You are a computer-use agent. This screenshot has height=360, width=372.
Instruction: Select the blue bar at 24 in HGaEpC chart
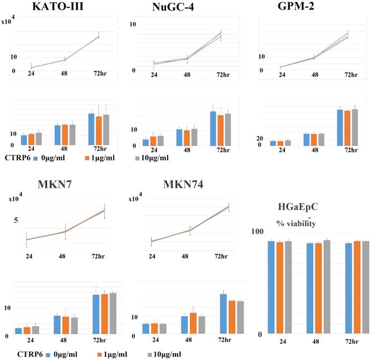(271, 287)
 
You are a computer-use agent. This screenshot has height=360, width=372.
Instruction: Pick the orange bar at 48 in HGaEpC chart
(318, 289)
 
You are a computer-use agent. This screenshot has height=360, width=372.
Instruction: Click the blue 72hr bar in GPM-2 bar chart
(340, 127)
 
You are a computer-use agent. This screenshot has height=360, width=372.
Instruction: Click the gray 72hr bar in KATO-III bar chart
(106, 129)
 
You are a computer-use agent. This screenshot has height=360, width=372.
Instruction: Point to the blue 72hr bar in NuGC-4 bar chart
(213, 128)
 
